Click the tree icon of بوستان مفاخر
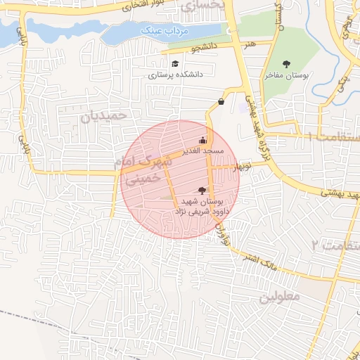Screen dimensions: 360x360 coord(285,64)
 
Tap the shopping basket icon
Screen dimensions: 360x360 coord(222,102)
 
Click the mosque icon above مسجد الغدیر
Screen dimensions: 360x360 coord(203,139)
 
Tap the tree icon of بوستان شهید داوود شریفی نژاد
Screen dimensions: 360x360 coord(203,190)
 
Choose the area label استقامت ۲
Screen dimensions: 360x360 coord(337,245)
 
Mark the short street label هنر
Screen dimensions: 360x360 coord(248,43)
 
